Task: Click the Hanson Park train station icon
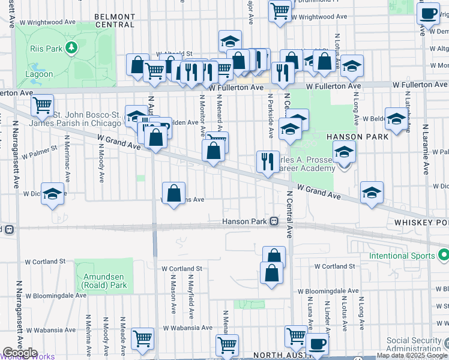pyautogui.click(x=274, y=221)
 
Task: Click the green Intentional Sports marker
pyautogui.click(x=443, y=256)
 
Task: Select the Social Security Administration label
pyautogui.click(x=414, y=344)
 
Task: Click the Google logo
pyautogui.click(x=20, y=353)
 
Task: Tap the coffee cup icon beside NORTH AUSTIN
pyautogui.click(x=317, y=344)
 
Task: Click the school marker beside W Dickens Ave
pyautogui.click(x=53, y=193)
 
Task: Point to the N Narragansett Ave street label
pyautogui.click(x=19, y=318)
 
